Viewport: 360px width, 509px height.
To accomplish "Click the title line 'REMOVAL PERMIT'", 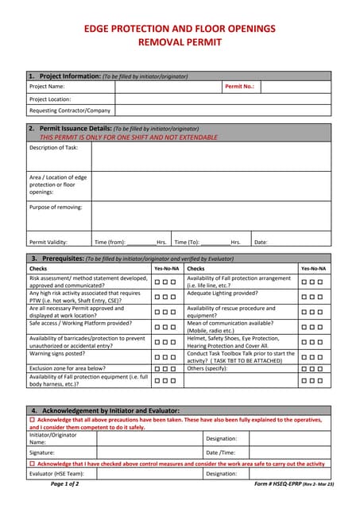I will (x=180, y=45).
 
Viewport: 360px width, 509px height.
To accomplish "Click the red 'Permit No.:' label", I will (x=239, y=86).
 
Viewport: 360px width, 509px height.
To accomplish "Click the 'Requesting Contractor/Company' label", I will (x=70, y=111).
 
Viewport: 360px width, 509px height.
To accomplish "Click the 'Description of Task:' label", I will (x=54, y=147).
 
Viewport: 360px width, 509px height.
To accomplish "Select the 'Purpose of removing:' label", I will (x=56, y=207).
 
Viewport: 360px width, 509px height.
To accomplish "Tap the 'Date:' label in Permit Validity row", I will (x=261, y=242).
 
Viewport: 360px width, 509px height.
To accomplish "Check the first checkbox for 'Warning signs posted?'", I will (x=158, y=356).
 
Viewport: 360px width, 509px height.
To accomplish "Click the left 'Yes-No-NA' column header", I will (x=166, y=269).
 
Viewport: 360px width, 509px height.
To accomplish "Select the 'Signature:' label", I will (x=42, y=452).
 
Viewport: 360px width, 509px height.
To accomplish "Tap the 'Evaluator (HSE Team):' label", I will (x=56, y=473).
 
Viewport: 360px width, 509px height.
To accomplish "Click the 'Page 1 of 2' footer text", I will (x=65, y=484).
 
